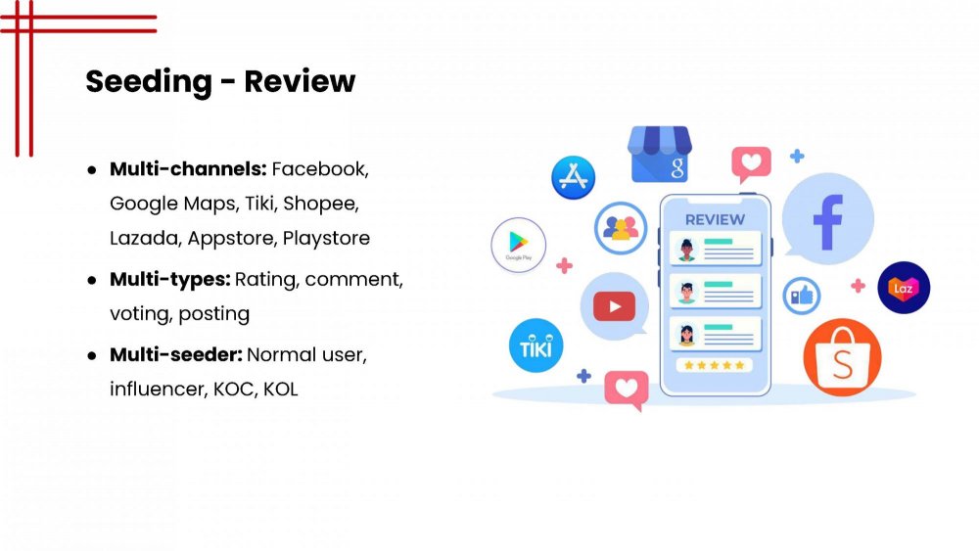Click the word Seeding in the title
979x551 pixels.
coord(149,82)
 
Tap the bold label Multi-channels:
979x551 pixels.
coord(188,169)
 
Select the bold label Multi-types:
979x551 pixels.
coord(169,280)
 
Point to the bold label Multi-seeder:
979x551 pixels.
coord(176,354)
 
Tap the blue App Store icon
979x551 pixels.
coord(573,177)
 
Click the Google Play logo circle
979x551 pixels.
coord(518,245)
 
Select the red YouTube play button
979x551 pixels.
coord(615,306)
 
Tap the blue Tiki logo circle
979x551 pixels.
coord(536,345)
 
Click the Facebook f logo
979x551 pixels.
coord(828,221)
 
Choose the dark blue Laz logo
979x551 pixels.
coord(904,288)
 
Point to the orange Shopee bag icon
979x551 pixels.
coord(842,358)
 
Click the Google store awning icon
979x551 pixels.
coord(660,154)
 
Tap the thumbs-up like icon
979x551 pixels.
coord(802,296)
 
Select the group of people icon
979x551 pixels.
coord(621,228)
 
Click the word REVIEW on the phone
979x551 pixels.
coord(715,219)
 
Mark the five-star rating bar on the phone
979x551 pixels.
coord(715,365)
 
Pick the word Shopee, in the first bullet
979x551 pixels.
coord(320,204)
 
